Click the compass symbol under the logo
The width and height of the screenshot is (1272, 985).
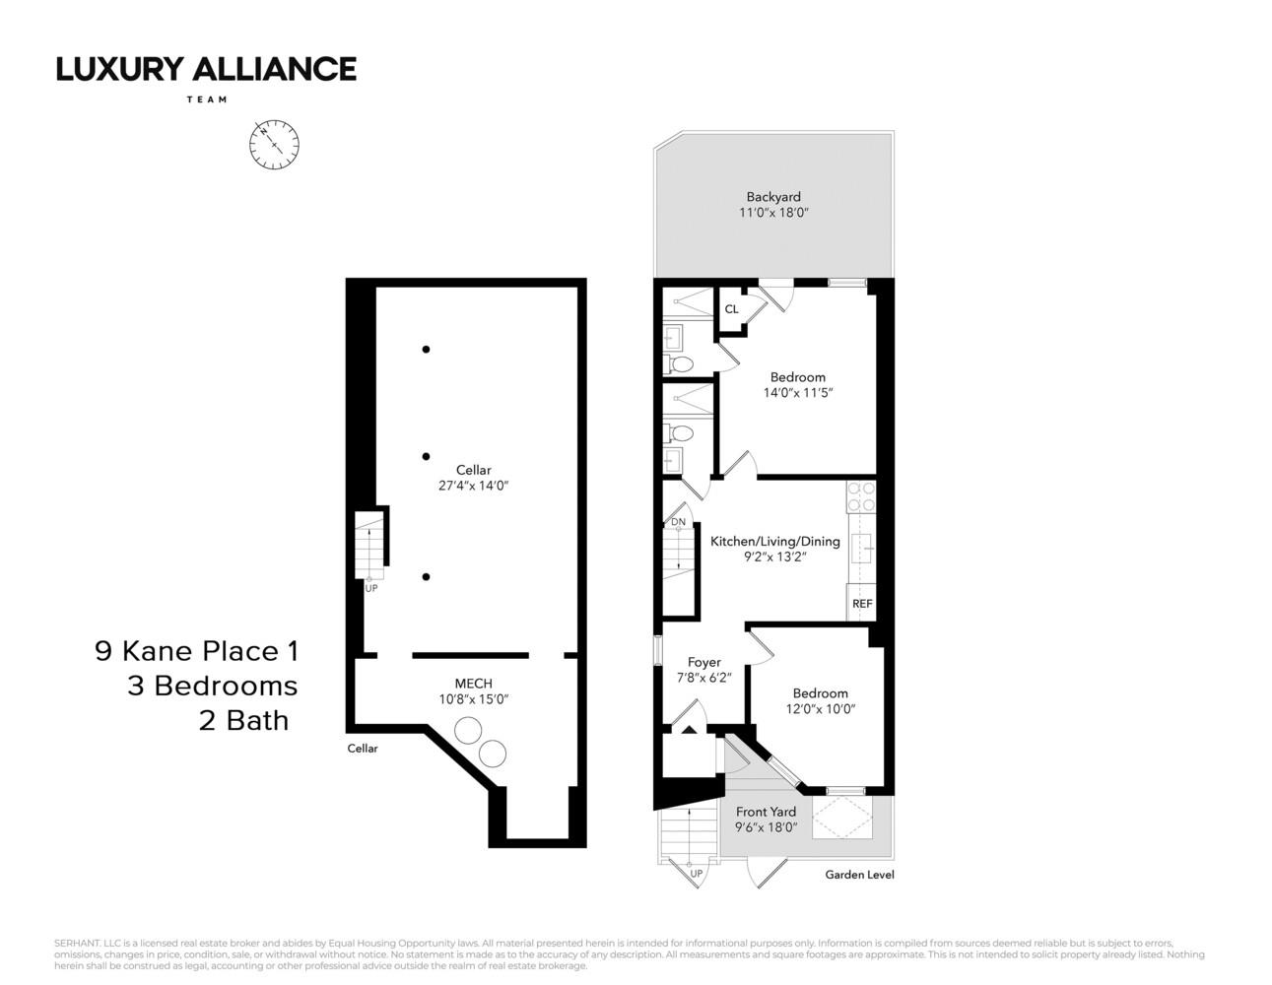click(x=274, y=145)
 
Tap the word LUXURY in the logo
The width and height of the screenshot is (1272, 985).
click(x=119, y=69)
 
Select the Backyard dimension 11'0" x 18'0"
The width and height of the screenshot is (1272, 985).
click(x=773, y=213)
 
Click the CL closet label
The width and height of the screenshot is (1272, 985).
click(x=731, y=309)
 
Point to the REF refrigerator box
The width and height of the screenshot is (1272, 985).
click(x=861, y=604)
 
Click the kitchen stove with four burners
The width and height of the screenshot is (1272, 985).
click(x=861, y=496)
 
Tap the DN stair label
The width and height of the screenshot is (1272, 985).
click(x=678, y=522)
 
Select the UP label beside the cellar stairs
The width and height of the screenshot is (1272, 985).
click(x=371, y=588)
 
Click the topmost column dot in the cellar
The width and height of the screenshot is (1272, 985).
click(x=426, y=349)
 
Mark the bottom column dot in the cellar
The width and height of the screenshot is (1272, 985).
click(x=426, y=577)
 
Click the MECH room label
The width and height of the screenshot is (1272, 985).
click(x=473, y=684)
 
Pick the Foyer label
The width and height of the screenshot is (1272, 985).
click(x=703, y=663)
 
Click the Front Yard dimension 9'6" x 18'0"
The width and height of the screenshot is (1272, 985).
click(x=766, y=827)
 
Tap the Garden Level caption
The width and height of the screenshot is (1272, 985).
click(x=859, y=875)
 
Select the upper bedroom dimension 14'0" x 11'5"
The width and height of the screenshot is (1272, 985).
click(x=797, y=393)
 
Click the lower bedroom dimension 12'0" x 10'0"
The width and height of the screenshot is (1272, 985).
click(x=820, y=709)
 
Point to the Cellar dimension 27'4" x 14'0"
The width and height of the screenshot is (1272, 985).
click(x=473, y=486)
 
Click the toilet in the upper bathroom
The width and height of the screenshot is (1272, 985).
click(x=680, y=364)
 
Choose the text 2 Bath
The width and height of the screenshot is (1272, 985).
click(x=243, y=720)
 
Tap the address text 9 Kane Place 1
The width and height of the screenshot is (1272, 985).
click(x=196, y=651)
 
